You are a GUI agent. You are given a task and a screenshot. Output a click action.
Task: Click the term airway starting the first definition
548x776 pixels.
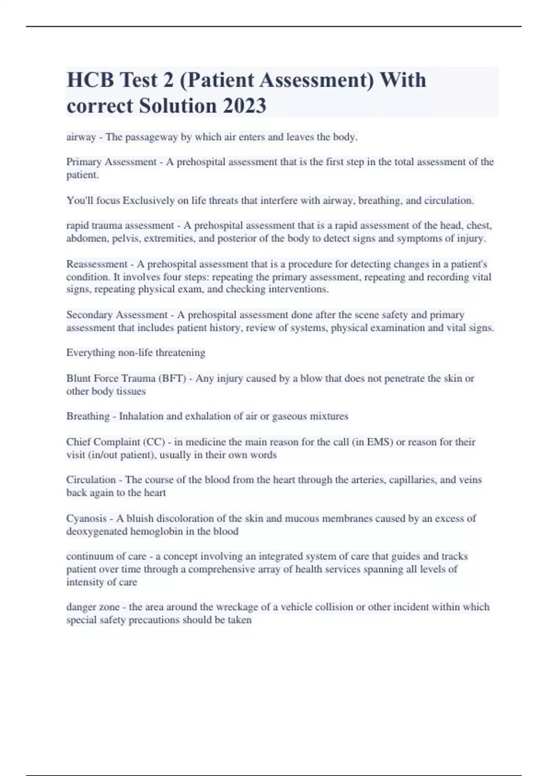[81, 137]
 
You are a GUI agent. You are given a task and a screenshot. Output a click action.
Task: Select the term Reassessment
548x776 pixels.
[97, 264]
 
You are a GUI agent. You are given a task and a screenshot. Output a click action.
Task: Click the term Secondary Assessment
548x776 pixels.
[117, 315]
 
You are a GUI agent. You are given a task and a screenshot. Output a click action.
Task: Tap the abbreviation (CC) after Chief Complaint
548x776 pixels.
[154, 442]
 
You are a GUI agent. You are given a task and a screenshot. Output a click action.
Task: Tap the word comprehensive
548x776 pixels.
[223, 569]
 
